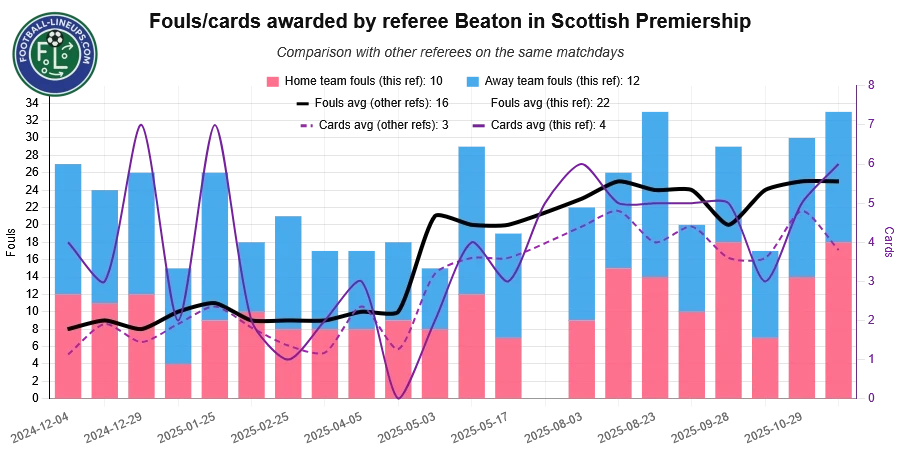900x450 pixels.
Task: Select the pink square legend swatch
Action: (272, 80)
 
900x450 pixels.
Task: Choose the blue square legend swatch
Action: (472, 80)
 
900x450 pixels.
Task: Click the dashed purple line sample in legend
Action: (305, 126)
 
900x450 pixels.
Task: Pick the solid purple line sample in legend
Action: (479, 126)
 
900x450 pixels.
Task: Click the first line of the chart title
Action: (447, 19)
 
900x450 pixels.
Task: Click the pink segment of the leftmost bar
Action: (68, 346)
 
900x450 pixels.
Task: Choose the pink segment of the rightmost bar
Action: (839, 320)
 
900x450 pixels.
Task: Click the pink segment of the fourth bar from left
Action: (178, 381)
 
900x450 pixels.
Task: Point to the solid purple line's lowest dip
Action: (399, 397)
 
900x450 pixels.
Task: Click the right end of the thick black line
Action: (837, 181)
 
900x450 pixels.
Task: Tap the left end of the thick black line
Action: (69, 329)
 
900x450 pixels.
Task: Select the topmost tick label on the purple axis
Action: (870, 86)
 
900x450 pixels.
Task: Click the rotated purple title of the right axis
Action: (888, 243)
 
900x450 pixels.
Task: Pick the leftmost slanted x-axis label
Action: (40, 426)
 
